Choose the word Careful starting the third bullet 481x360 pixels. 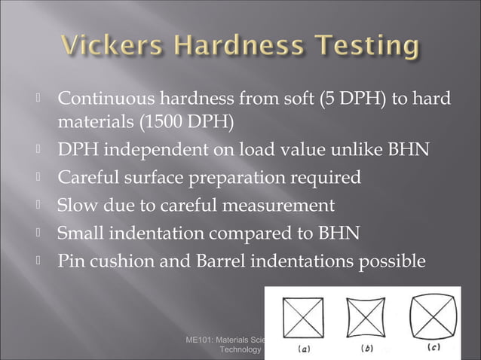coord(88,177)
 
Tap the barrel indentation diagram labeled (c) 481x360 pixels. coord(432,316)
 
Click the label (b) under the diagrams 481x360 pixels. coord(366,348)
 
